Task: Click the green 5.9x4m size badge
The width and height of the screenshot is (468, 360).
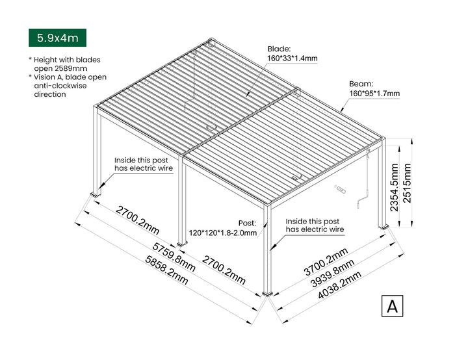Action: pyautogui.click(x=58, y=38)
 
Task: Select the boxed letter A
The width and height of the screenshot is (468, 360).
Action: pyautogui.click(x=392, y=305)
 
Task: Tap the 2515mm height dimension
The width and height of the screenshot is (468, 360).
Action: pyautogui.click(x=408, y=183)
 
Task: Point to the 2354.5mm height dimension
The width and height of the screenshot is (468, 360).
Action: pyautogui.click(x=394, y=188)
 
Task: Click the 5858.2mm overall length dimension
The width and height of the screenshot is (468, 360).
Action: pyautogui.click(x=166, y=270)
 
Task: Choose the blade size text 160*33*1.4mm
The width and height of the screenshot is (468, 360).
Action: pyautogui.click(x=292, y=58)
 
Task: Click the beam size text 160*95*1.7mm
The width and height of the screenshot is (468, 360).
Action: pyautogui.click(x=374, y=94)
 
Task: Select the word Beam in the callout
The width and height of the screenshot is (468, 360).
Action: pyautogui.click(x=361, y=84)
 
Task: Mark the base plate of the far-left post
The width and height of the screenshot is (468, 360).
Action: pyautogui.click(x=96, y=194)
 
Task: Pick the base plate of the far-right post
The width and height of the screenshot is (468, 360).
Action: pyautogui.click(x=385, y=226)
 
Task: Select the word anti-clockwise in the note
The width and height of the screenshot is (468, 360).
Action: pyautogui.click(x=57, y=86)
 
